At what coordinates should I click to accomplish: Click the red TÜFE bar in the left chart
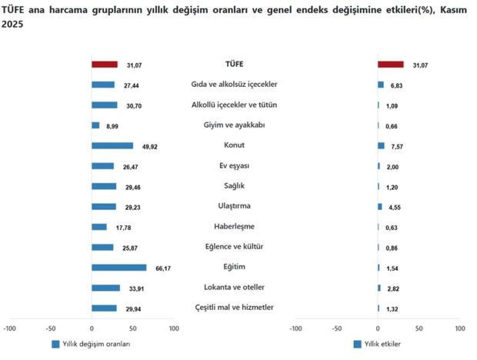pos(104,65)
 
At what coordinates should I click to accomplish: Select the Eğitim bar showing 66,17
pos(118,268)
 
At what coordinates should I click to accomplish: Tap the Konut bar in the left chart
pos(112,145)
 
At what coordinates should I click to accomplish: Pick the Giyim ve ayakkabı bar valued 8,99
pos(95,125)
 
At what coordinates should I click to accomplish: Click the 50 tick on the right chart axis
pos(419,328)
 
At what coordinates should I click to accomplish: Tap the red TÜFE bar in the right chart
pos(391,65)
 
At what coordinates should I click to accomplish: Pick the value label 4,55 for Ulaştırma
pos(397,206)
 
